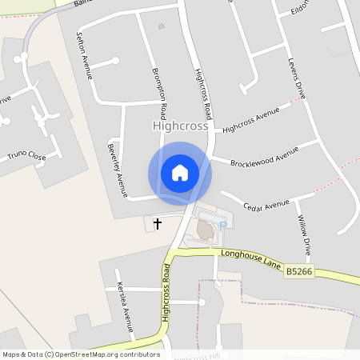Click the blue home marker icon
click(x=180, y=173)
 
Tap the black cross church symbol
click(x=157, y=224)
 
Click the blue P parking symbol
click(x=223, y=226)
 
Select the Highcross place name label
click(x=180, y=126)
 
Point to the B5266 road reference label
click(x=298, y=273)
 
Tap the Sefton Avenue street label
click(x=83, y=56)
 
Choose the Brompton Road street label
click(x=159, y=90)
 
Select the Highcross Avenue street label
click(x=256, y=118)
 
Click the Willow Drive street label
click(x=303, y=231)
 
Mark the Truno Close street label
click(x=26, y=155)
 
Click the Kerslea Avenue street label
click(x=124, y=306)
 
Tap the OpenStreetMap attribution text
click(x=80, y=354)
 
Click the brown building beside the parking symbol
click(x=205, y=231)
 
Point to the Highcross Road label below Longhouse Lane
click(x=166, y=292)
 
